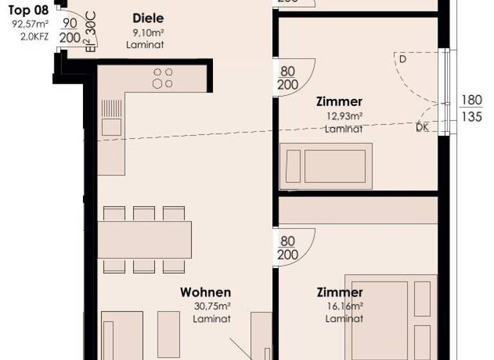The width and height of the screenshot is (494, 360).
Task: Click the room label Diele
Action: point(148,19)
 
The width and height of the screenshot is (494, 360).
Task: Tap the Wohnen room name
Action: point(205,292)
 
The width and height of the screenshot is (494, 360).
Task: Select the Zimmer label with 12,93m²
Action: point(339,102)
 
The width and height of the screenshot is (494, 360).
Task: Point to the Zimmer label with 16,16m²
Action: point(340,292)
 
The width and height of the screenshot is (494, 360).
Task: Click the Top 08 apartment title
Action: point(28,10)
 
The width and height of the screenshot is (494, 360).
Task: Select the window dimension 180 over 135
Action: point(471,109)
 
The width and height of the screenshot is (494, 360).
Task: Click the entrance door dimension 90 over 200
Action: point(69,30)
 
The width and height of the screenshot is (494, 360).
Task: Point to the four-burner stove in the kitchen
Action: point(163,78)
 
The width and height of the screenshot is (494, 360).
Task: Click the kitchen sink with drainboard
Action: point(111,118)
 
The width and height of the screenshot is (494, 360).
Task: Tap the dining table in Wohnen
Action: point(144,240)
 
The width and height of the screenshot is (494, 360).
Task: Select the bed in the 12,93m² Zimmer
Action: point(326,166)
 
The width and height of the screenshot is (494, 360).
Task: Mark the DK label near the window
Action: point(422,127)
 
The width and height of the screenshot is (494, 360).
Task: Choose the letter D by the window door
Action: point(403,59)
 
